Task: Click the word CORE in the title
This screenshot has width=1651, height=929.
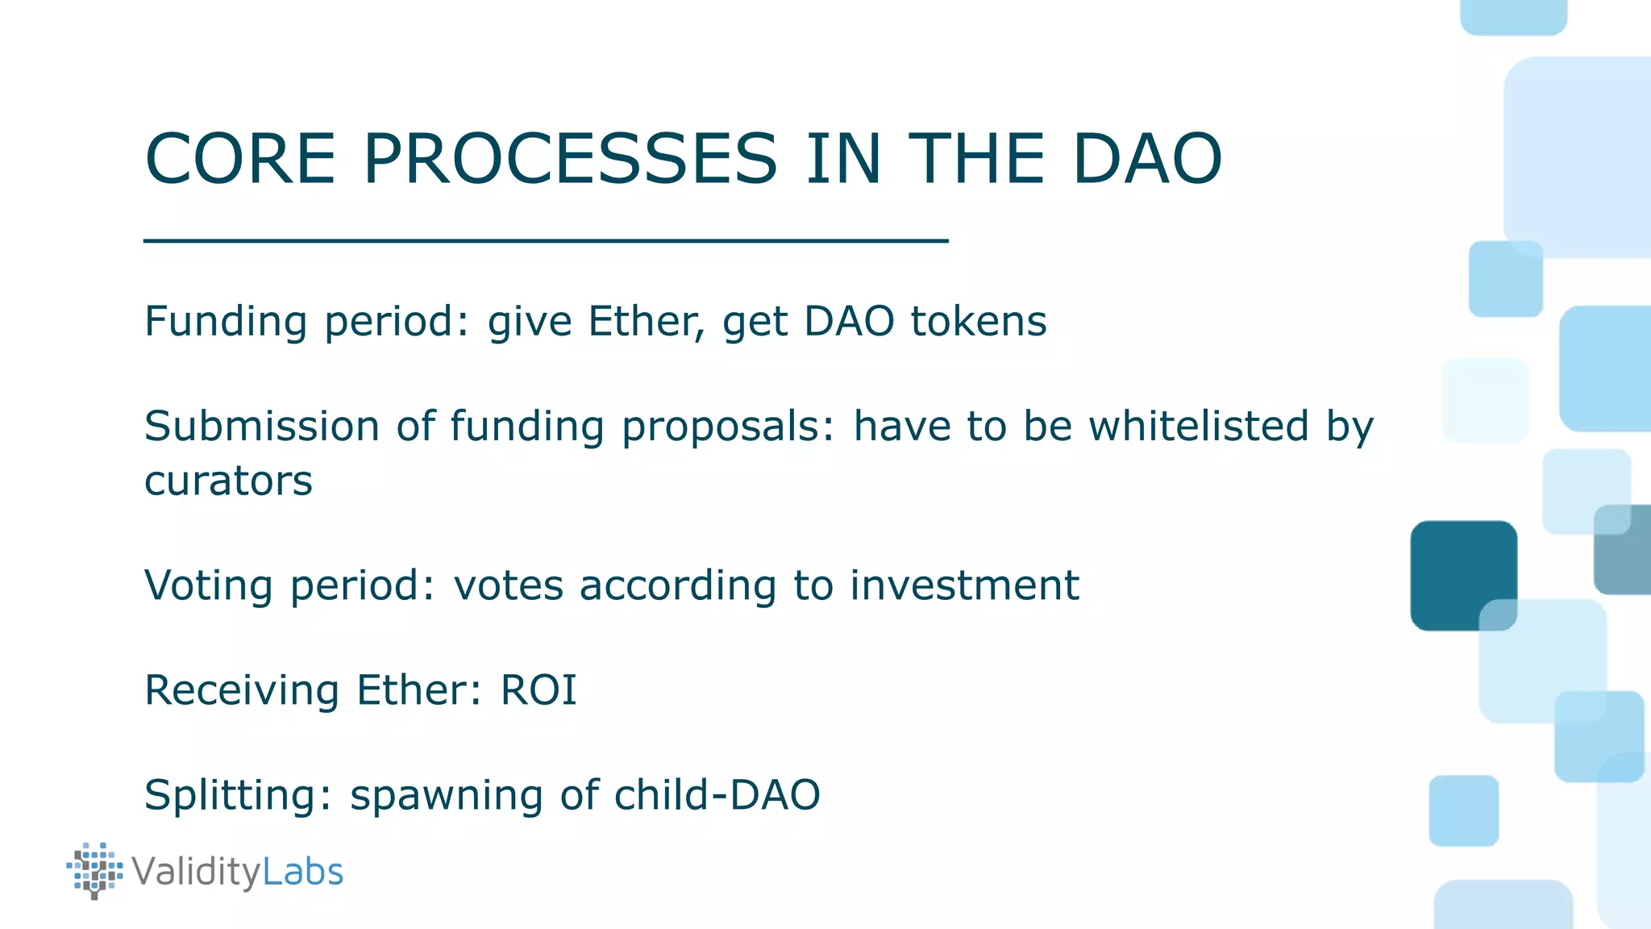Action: (239, 159)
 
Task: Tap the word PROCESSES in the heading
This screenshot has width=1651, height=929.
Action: (570, 159)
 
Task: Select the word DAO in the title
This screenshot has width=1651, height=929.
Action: (1146, 159)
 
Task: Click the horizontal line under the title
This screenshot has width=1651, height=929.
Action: (545, 240)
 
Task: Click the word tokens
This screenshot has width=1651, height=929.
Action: (978, 321)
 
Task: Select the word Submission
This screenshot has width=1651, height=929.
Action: (261, 426)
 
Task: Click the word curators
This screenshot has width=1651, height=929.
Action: (228, 481)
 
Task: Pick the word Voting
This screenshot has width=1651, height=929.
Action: (208, 585)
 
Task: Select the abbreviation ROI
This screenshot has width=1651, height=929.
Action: (539, 690)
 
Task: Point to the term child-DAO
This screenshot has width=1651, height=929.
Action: (717, 795)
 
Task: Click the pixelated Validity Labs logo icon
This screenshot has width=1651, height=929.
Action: (95, 871)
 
